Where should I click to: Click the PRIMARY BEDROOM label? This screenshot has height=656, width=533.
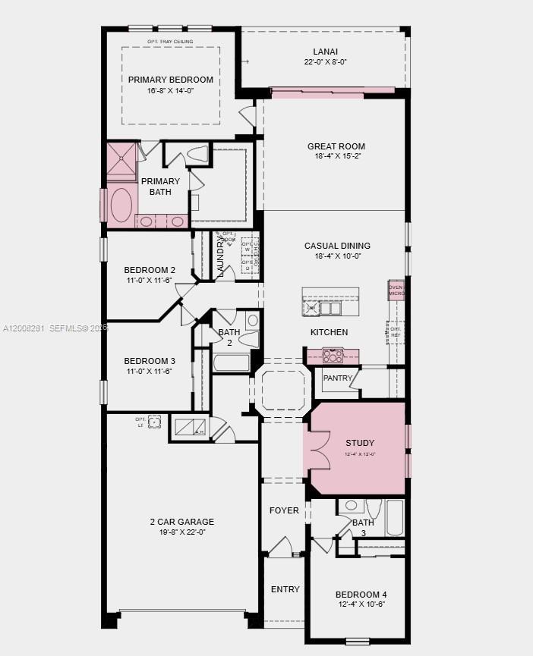click(170, 80)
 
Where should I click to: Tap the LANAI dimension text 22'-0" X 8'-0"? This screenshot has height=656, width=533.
click(325, 62)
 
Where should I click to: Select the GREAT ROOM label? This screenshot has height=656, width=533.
click(336, 146)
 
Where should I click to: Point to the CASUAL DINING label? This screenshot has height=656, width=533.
click(337, 246)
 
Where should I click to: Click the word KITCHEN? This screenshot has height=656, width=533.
click(329, 332)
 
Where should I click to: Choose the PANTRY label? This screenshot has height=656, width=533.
click(337, 378)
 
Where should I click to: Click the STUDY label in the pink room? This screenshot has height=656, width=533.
click(359, 443)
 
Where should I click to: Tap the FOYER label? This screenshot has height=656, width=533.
click(284, 510)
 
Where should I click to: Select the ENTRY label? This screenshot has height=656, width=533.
click(285, 589)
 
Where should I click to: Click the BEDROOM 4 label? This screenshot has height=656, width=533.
click(361, 594)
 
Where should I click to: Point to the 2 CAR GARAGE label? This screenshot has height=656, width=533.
click(181, 522)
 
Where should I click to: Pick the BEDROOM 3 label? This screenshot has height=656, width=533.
click(150, 361)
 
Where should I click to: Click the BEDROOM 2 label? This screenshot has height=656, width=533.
click(150, 270)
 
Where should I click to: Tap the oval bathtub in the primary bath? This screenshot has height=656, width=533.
click(121, 204)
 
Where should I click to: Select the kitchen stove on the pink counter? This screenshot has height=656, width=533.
click(333, 355)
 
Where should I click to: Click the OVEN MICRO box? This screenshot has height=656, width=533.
click(396, 290)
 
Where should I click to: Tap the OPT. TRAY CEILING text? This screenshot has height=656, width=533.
click(170, 41)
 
